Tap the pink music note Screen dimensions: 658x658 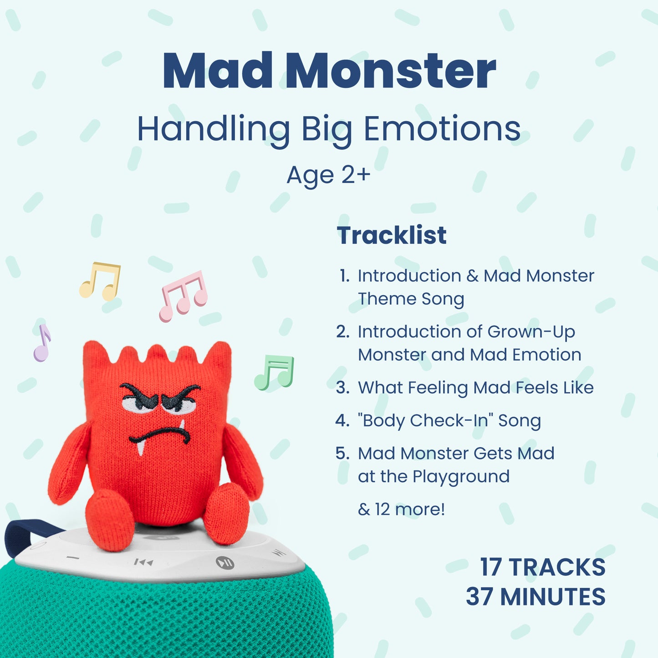click(184, 296)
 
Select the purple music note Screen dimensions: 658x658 click(42, 342)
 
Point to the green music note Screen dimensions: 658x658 click(275, 372)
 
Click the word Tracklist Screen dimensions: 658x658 click(392, 235)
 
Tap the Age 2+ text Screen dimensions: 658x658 click(328, 175)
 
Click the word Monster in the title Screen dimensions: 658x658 click(390, 71)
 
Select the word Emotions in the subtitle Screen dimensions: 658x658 click(442, 128)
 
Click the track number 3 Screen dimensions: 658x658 click(342, 388)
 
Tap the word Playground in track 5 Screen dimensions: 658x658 click(461, 477)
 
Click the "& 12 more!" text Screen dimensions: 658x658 click(402, 510)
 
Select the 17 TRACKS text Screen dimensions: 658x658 click(543, 567)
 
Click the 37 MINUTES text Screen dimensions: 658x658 click(536, 597)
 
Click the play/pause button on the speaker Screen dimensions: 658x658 click(225, 562)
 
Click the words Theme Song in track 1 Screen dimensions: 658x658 click(411, 299)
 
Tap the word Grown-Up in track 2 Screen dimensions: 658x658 click(531, 332)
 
